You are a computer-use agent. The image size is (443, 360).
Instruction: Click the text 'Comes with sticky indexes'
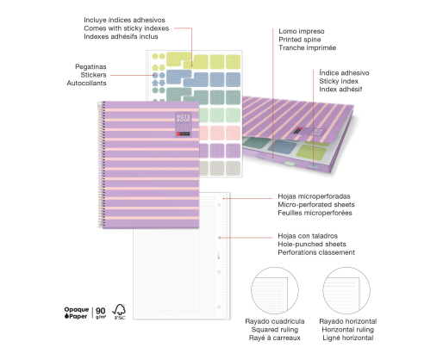(127, 28)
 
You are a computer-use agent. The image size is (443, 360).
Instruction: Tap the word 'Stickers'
(93, 75)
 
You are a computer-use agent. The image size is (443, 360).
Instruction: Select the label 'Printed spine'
(300, 40)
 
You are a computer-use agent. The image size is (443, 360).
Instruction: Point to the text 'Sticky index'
(339, 81)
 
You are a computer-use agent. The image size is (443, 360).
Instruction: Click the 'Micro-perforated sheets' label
(316, 205)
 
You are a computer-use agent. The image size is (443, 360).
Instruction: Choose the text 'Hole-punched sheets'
(312, 245)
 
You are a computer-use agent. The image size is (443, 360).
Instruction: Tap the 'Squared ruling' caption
(275, 330)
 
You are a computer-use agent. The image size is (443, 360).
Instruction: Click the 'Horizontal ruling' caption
(347, 330)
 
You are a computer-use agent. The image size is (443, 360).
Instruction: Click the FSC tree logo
(119, 312)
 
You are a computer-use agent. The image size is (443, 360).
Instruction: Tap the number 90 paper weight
(101, 311)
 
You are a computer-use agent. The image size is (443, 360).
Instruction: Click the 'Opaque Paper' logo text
(76, 313)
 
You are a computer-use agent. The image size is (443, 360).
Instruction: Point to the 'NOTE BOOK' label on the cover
(184, 118)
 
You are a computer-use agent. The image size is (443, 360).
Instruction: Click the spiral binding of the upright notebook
(101, 164)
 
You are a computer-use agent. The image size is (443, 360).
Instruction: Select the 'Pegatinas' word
(90, 66)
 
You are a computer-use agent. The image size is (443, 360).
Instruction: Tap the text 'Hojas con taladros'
(308, 236)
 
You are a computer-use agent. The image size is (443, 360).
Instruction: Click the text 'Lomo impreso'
(302, 31)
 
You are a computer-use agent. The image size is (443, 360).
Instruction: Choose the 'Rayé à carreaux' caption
(275, 338)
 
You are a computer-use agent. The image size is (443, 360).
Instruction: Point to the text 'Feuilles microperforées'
(315, 213)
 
